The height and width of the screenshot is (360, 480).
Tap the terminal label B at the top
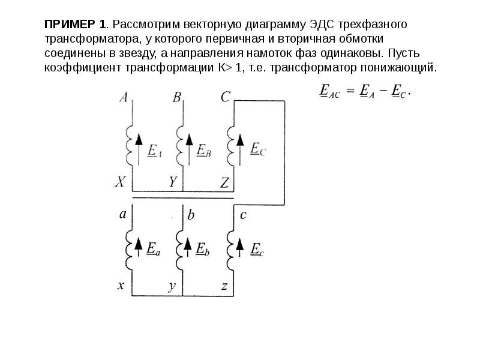177,97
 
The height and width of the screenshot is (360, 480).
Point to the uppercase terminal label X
121,182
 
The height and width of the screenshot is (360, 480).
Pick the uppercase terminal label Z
224,182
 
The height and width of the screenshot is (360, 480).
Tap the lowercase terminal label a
123,214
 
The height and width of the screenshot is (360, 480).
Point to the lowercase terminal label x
121,286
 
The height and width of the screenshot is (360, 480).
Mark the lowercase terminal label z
224,287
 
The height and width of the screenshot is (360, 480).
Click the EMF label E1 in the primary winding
154,151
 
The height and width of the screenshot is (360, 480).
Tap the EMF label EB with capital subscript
205,150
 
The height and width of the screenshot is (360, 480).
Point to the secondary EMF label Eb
203,248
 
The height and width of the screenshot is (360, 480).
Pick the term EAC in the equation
329,91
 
